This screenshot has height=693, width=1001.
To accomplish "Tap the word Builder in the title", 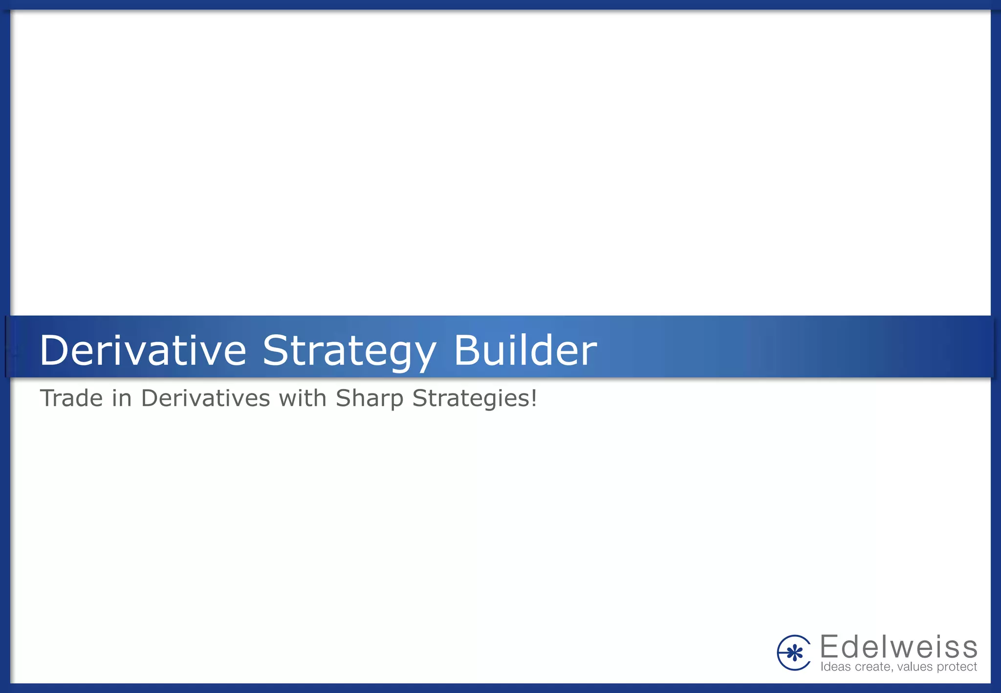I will [525, 350].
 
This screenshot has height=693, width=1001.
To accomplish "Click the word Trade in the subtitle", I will [71, 398].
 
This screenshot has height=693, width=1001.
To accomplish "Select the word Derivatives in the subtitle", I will [205, 398].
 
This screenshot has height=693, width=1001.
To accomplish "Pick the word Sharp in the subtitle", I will [369, 399].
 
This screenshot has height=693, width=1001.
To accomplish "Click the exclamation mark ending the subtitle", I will [534, 398].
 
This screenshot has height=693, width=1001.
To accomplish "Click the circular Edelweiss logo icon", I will [794, 652].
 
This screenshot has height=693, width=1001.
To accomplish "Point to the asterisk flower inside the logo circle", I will [796, 653].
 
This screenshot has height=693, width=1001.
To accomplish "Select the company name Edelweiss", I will [898, 647].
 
